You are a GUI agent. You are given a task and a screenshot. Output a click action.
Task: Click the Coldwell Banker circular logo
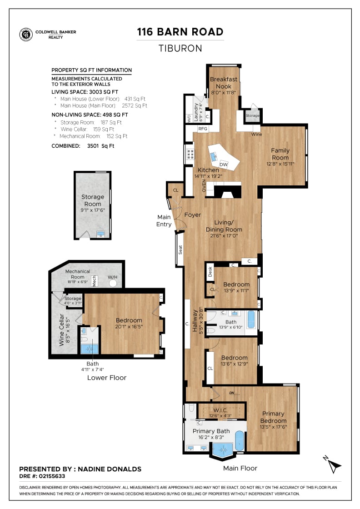[26, 35]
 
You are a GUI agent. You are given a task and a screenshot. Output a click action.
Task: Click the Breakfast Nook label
[224, 83]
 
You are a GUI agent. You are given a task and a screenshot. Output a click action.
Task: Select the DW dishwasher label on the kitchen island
[224, 165]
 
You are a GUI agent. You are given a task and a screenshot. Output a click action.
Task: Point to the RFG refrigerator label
[203, 129]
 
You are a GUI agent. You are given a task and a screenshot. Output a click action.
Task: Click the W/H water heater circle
[113, 283]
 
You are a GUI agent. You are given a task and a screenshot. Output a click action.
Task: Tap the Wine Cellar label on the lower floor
[62, 330]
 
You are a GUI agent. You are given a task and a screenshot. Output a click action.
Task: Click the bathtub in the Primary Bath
[239, 440]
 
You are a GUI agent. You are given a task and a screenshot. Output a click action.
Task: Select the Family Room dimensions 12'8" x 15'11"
[280, 164]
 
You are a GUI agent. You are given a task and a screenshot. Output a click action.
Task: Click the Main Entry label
[164, 220]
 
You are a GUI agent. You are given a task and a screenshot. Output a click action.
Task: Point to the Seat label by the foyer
[180, 250]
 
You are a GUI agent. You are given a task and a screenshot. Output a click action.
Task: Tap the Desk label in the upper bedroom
[210, 272]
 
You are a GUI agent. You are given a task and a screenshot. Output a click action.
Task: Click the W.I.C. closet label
[220, 410]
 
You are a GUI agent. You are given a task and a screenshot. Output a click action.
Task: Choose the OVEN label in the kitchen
[204, 186]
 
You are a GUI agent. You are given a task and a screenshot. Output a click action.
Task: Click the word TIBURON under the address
[180, 48]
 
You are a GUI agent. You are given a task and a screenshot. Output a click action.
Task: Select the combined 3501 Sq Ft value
[100, 146]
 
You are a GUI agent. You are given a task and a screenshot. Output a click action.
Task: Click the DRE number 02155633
[52, 476]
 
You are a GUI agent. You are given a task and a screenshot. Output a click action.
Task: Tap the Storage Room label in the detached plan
[93, 200]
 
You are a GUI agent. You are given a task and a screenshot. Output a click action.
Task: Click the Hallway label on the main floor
[195, 321]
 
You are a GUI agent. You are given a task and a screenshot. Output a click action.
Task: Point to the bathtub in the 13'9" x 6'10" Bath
[251, 320]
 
